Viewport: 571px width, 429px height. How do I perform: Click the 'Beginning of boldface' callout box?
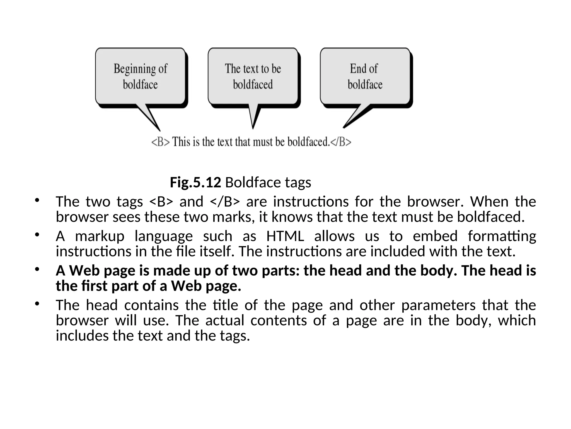(x=140, y=76)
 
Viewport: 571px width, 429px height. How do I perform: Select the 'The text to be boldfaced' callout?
(x=253, y=76)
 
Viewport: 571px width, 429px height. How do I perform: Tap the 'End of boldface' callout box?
(x=365, y=76)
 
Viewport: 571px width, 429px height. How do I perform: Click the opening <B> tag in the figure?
(x=160, y=142)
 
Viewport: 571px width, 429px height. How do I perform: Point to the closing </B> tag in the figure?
(x=341, y=142)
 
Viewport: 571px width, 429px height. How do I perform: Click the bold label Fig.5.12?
(x=195, y=183)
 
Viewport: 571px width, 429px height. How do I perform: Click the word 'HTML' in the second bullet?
(x=285, y=236)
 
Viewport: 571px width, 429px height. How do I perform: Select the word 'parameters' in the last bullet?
(x=438, y=305)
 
